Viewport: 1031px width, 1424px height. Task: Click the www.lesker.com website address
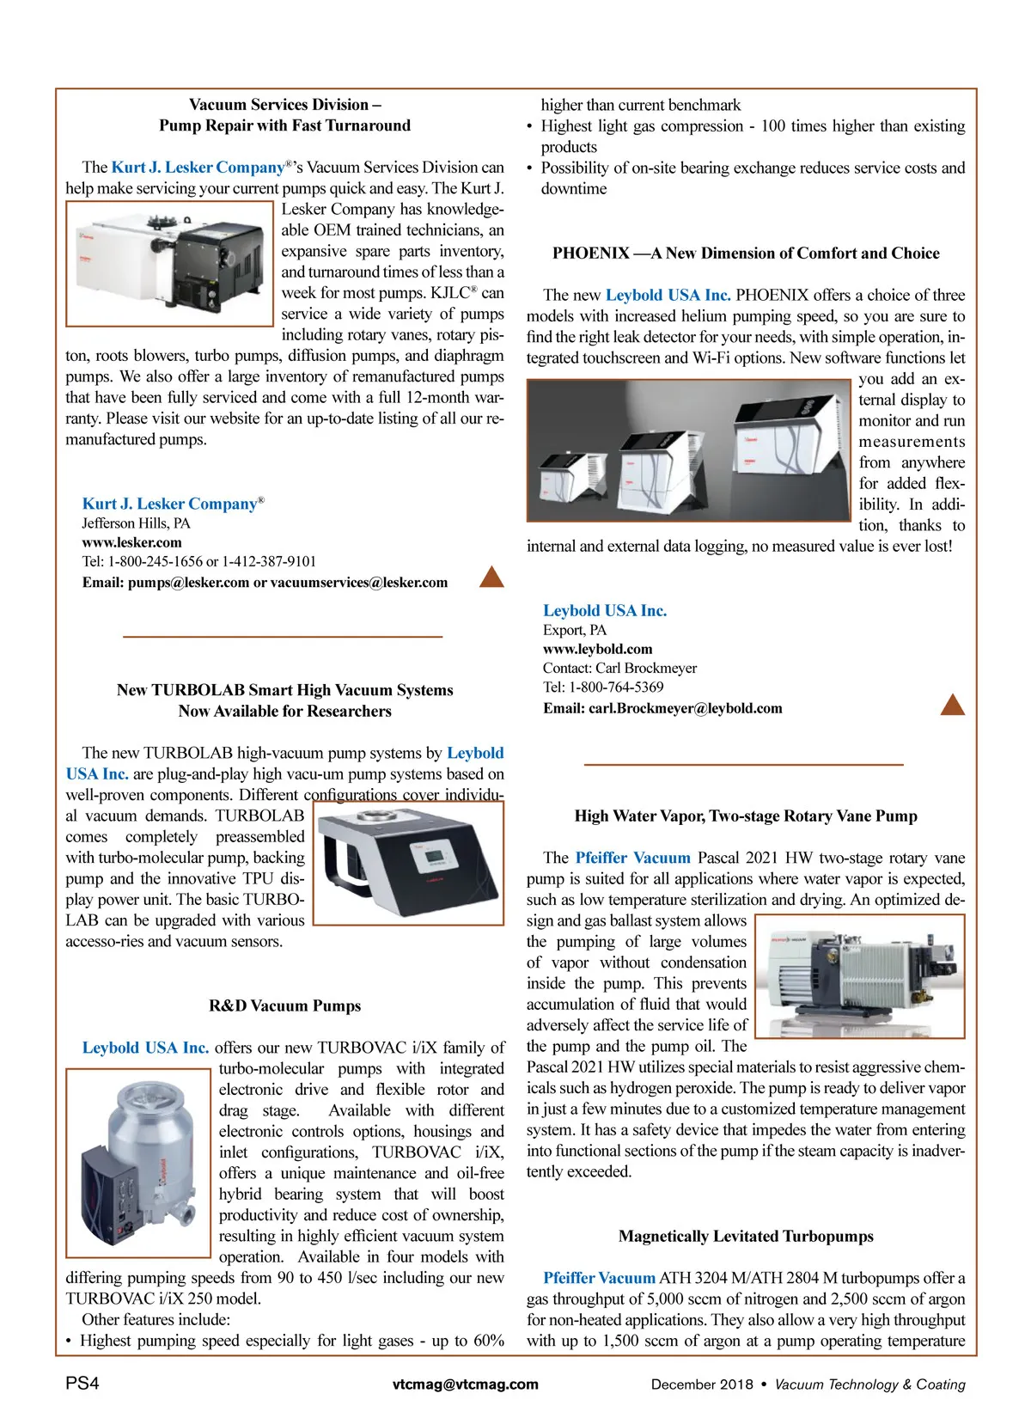click(131, 542)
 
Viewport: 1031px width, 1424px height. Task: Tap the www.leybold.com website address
click(597, 649)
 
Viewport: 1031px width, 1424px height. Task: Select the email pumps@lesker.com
click(188, 582)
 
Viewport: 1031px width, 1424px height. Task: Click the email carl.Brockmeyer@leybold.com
click(685, 708)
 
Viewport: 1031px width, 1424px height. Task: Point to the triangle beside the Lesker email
click(491, 577)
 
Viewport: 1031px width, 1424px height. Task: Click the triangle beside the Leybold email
click(953, 705)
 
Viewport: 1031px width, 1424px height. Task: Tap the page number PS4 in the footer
click(82, 1384)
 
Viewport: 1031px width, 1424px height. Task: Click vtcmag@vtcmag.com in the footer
click(466, 1384)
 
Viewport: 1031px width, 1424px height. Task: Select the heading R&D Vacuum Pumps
click(284, 1005)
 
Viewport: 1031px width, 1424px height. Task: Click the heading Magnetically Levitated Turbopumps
click(746, 1236)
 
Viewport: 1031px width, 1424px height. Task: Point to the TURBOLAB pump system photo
click(408, 863)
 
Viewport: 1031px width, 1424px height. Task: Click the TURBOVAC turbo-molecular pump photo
click(137, 1162)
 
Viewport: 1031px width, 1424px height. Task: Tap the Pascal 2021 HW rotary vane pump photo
click(860, 975)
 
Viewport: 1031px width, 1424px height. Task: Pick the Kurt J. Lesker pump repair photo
click(169, 263)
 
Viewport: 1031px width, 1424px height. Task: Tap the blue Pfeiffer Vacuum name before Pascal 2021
click(632, 858)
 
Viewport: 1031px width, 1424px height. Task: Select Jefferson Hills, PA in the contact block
click(136, 523)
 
